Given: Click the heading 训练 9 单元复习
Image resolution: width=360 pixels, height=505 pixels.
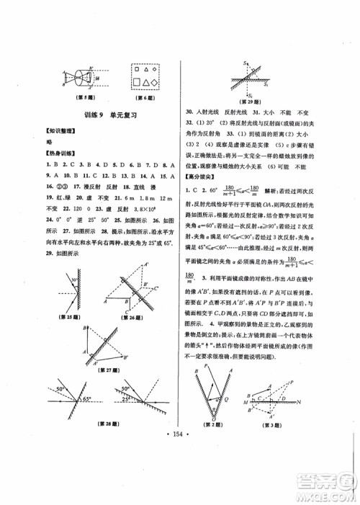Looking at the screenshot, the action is coord(109,114).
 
